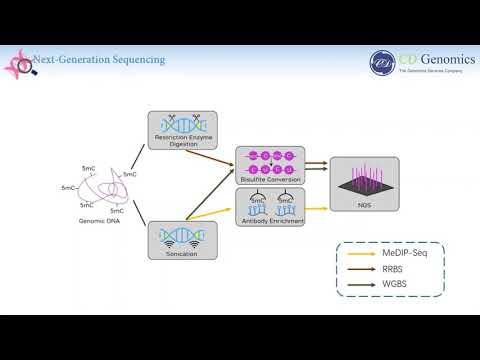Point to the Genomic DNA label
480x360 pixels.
(98, 220)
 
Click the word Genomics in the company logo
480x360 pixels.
(433, 58)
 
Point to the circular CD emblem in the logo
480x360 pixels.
(382, 63)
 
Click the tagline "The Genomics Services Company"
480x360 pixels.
(431, 71)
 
